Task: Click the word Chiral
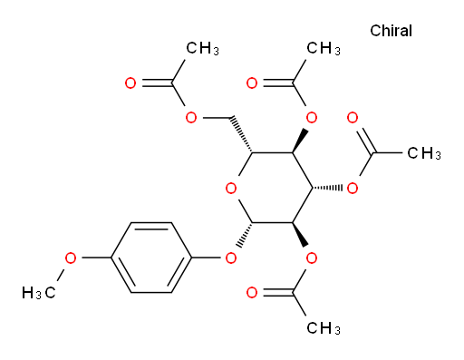(x=391, y=31)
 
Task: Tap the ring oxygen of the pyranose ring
(x=231, y=189)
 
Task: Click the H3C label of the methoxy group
(x=39, y=293)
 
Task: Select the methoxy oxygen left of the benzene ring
(x=71, y=258)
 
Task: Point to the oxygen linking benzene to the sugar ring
(x=231, y=258)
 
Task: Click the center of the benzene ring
(x=151, y=258)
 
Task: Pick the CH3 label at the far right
(x=424, y=153)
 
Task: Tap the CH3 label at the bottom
(x=324, y=328)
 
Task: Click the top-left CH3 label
(x=202, y=48)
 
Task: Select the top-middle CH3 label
(x=324, y=48)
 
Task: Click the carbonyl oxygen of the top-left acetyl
(x=130, y=83)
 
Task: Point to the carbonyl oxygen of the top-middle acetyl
(x=252, y=83)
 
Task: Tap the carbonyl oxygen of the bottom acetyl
(x=252, y=293)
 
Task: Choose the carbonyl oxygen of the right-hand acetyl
(x=353, y=118)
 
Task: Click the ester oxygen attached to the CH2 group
(x=191, y=118)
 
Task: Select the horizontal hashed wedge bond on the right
(x=328, y=188)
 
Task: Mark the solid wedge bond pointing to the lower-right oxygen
(x=300, y=235)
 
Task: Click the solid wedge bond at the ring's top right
(x=300, y=141)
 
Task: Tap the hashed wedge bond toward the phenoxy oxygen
(x=244, y=235)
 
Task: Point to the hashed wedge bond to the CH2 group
(x=242, y=134)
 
